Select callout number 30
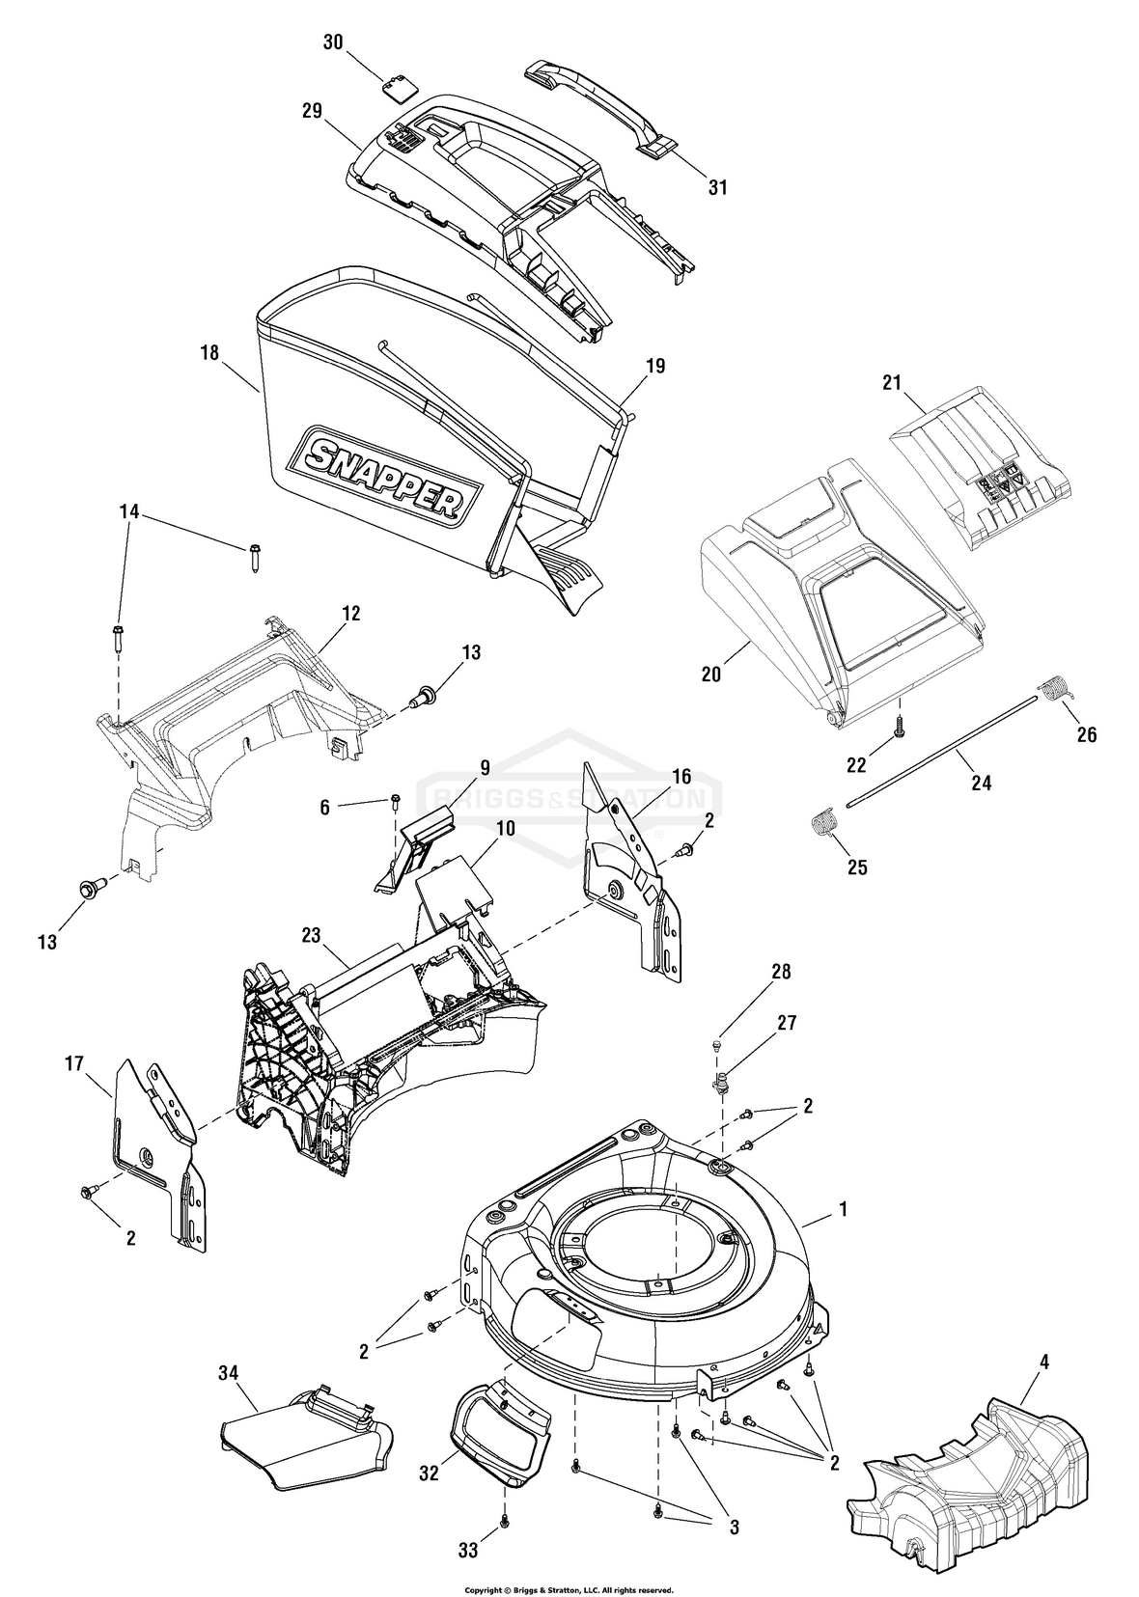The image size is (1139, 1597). tap(333, 43)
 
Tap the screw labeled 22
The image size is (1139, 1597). tap(899, 732)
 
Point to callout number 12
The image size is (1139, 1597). tap(350, 614)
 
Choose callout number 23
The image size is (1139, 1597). tap(310, 934)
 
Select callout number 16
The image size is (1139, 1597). tap(681, 776)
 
